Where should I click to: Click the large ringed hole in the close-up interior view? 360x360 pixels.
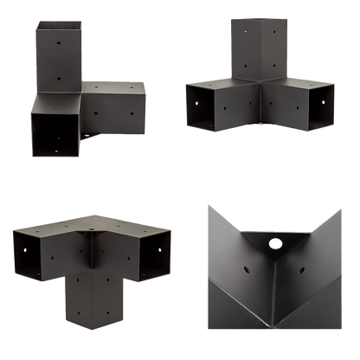[x=277, y=245]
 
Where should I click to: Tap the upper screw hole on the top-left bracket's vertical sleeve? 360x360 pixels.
[x=56, y=40]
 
